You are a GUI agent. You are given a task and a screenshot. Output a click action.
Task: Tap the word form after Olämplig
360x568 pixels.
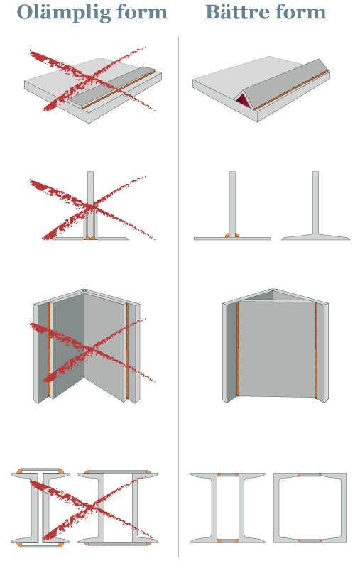144,13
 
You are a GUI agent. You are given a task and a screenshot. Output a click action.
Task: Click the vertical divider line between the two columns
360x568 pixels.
178,284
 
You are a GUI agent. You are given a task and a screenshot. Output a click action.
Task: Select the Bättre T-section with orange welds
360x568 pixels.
232,213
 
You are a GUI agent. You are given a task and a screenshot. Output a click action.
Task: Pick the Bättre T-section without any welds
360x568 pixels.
315,213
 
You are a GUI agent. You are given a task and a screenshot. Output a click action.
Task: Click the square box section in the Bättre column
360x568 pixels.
310,508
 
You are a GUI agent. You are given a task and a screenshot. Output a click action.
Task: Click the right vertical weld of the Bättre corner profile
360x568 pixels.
315,351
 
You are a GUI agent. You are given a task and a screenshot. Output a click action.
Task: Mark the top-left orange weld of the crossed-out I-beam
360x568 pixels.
20,472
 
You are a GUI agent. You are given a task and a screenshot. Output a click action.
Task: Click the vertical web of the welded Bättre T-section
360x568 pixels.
232,202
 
